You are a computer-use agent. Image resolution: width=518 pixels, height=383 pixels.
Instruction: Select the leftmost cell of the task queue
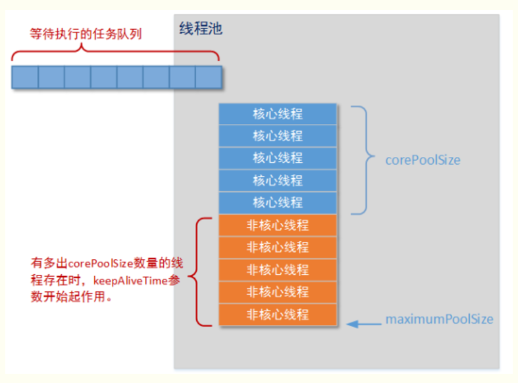pyautogui.click(x=25, y=77)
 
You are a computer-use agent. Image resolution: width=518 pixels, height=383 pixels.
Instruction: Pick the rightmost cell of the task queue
pyautogui.click(x=207, y=77)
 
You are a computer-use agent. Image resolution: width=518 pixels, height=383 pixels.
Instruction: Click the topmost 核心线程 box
pyautogui.click(x=278, y=114)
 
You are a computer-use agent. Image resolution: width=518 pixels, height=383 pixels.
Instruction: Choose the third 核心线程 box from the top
pyautogui.click(x=278, y=158)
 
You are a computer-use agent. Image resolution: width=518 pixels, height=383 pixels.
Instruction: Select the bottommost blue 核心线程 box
pyautogui.click(x=278, y=202)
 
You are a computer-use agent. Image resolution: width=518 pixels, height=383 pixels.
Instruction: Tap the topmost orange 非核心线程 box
pyautogui.click(x=278, y=225)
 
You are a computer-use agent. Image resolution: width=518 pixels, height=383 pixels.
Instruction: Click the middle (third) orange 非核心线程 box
pyautogui.click(x=278, y=270)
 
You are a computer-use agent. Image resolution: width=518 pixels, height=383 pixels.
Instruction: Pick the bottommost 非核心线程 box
pyautogui.click(x=278, y=314)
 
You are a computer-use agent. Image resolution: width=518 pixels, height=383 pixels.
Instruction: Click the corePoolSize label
pyautogui.click(x=423, y=160)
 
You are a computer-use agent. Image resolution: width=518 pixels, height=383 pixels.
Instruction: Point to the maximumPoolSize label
pyautogui.click(x=439, y=320)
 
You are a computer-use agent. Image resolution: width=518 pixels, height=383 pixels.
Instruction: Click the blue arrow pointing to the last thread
pyautogui.click(x=361, y=323)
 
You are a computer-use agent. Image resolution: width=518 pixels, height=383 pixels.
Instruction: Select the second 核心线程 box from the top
pyautogui.click(x=278, y=136)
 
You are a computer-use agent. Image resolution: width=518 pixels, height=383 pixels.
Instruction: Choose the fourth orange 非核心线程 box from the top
pyautogui.click(x=278, y=292)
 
